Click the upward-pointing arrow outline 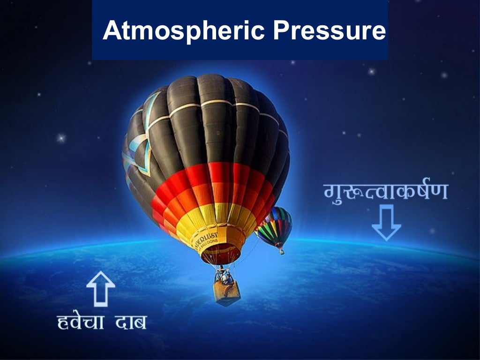coord(101,288)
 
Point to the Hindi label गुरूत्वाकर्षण coord(386,191)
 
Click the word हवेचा coord(80,322)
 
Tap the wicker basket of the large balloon coord(227,292)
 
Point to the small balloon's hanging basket coord(282,251)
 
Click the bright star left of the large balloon coord(60,138)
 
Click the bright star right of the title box coord(371,72)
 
